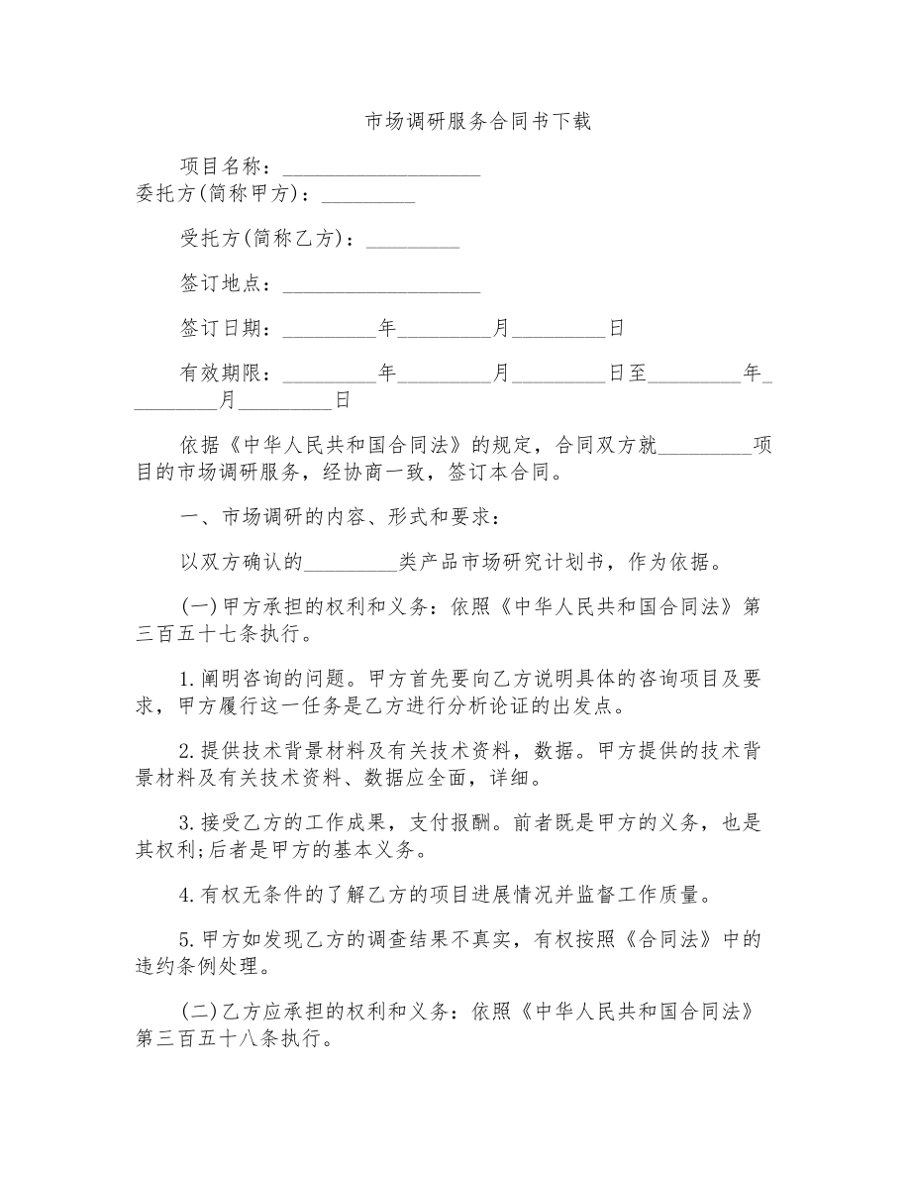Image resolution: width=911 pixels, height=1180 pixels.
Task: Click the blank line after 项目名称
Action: [381, 165]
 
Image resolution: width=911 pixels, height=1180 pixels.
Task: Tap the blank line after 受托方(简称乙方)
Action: [413, 239]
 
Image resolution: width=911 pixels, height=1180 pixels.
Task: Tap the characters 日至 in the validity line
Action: [627, 374]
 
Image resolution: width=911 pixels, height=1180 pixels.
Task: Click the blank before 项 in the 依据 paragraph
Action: [705, 445]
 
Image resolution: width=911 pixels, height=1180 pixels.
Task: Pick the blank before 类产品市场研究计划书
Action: [351, 563]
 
